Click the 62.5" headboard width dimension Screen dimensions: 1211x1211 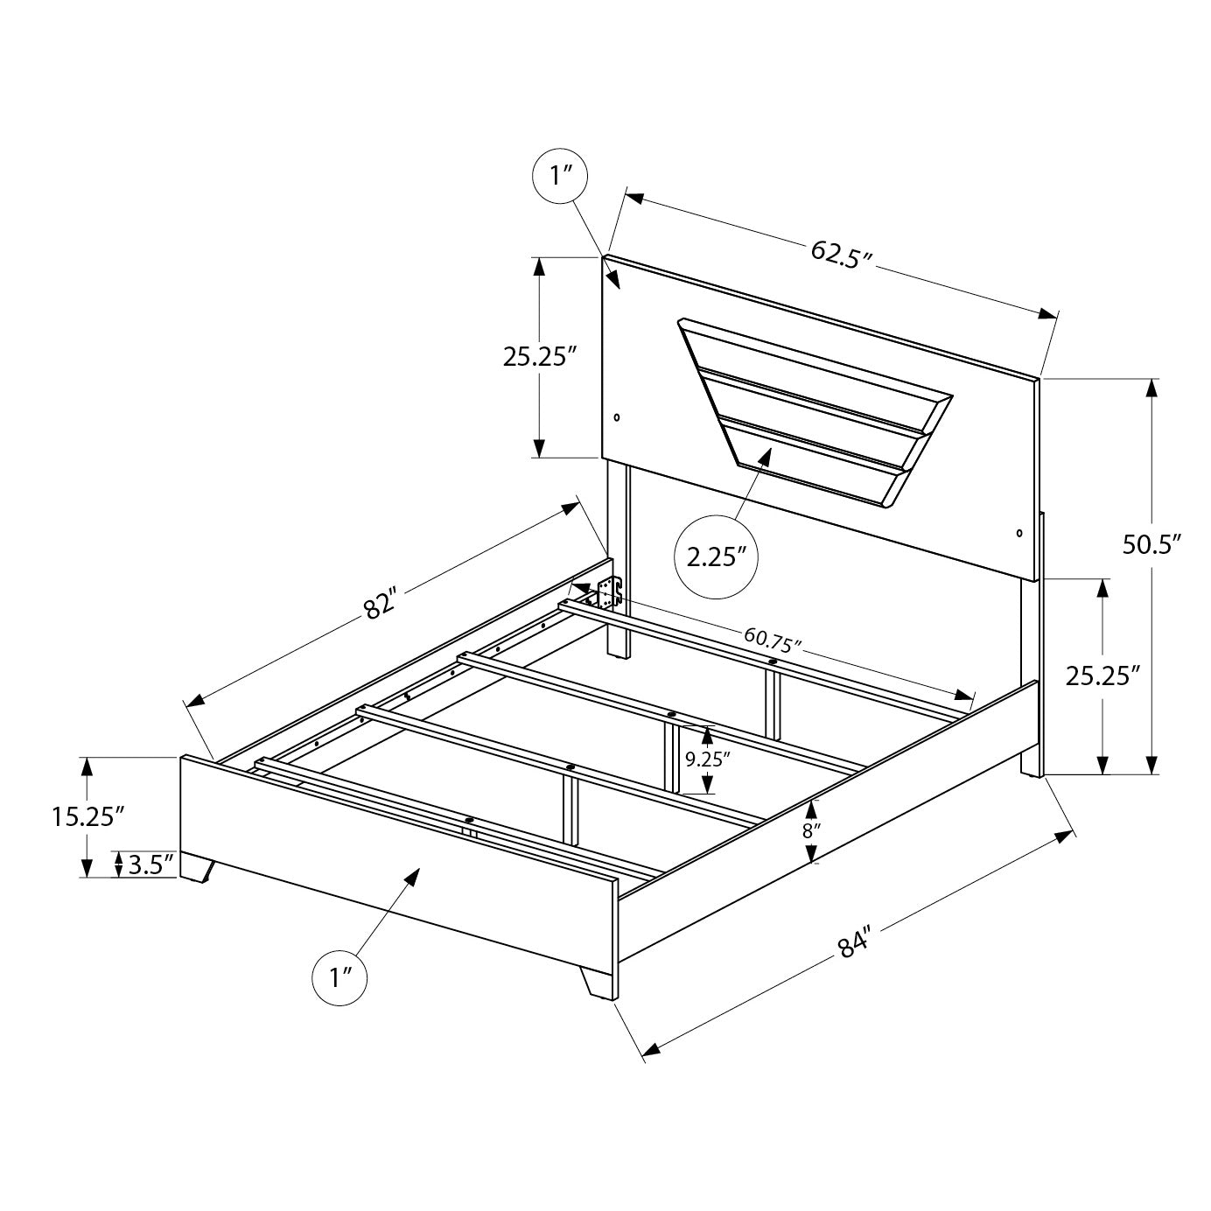(x=842, y=253)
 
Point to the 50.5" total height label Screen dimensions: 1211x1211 (x=1151, y=544)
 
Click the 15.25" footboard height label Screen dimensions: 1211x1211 (x=84, y=816)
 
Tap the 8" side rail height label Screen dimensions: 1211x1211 (x=811, y=830)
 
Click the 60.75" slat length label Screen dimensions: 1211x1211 (x=773, y=640)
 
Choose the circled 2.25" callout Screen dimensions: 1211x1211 (x=716, y=557)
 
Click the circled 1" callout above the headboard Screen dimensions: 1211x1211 (x=560, y=175)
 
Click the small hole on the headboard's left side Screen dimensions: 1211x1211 (x=617, y=417)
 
